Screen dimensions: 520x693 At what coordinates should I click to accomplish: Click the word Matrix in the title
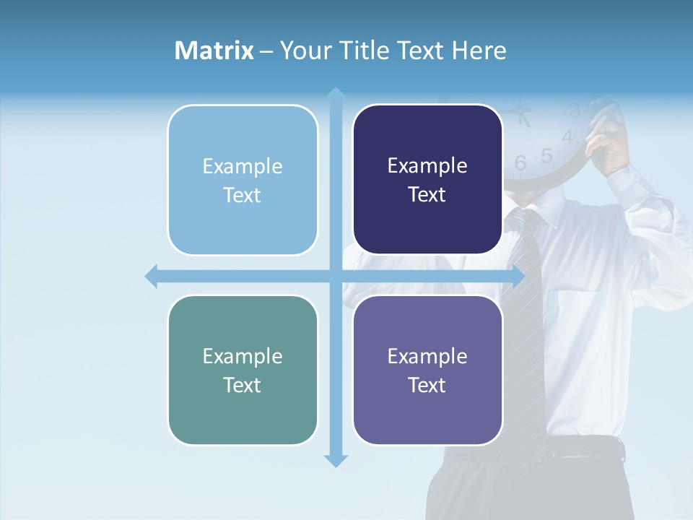pos(214,51)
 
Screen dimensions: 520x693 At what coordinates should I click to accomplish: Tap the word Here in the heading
pos(479,51)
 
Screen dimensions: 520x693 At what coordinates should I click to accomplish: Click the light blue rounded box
pos(243,180)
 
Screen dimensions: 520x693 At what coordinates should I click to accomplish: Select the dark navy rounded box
pos(427,179)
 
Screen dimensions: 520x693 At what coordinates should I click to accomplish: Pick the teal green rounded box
pos(243,370)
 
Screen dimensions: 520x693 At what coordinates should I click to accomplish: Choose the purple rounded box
pos(427,370)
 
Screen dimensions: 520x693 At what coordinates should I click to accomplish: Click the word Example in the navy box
pos(427,166)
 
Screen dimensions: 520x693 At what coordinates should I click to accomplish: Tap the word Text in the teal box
pos(242,385)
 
